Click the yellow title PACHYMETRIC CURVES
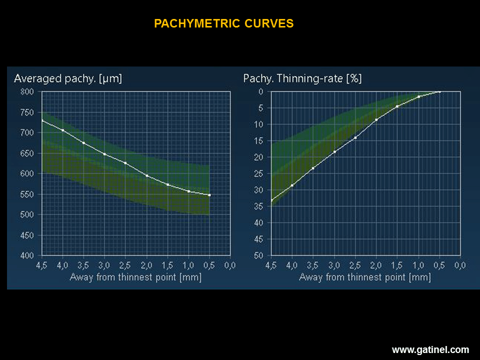(223, 23)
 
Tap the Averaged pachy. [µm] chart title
(68, 78)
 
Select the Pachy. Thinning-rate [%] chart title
(302, 78)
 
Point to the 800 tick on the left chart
(27, 91)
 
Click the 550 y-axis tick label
(27, 194)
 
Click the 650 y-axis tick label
(27, 153)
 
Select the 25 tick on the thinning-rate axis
(258, 173)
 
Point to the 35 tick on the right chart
(258, 206)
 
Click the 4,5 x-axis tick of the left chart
(41, 265)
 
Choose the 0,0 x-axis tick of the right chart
(460, 265)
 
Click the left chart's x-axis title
(135, 276)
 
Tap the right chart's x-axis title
(364, 276)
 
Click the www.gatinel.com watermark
(430, 350)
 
